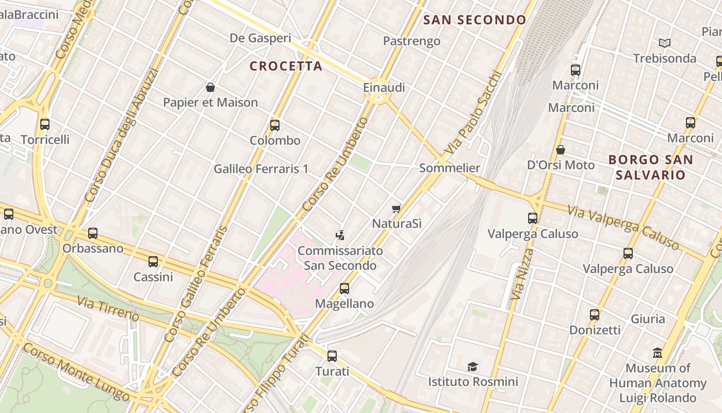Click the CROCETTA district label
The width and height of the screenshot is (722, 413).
[286, 66]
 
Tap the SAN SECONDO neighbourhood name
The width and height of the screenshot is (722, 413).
[474, 20]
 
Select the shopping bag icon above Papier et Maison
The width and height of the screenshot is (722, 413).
[210, 87]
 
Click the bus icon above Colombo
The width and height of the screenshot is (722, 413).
[275, 125]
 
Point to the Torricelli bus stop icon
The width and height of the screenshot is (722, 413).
[45, 124]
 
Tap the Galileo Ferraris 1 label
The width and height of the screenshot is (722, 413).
[260, 169]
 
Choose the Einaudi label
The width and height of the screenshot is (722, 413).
[384, 87]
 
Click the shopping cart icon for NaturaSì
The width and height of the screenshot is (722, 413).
[396, 209]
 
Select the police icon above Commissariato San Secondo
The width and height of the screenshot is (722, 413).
[340, 235]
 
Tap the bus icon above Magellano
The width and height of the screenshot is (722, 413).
[344, 289]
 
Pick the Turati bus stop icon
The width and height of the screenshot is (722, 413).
[332, 356]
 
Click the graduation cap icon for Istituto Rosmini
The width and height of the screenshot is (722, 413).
[472, 367]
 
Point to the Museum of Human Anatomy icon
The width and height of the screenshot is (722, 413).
[657, 353]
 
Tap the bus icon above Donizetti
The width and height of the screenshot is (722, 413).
[595, 314]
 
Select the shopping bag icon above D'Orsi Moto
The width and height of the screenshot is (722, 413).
[561, 150]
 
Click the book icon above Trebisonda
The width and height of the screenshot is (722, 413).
[665, 43]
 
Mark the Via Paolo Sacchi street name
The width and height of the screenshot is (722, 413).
[472, 112]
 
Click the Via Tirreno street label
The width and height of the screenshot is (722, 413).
[108, 308]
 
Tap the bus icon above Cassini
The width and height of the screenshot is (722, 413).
[153, 262]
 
